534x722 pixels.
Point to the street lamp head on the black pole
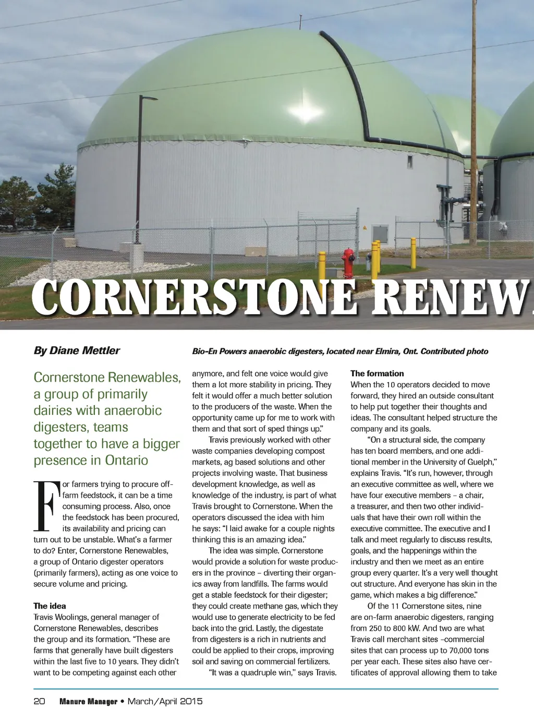click(150, 98)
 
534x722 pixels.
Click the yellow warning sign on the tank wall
click(365, 228)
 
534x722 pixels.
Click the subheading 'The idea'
click(50, 606)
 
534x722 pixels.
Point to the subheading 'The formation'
click(377, 373)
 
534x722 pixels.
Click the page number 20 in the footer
click(39, 701)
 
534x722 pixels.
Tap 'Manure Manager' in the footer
click(88, 702)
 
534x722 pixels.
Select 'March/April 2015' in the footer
click(165, 701)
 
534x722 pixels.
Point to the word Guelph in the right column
click(480, 462)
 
